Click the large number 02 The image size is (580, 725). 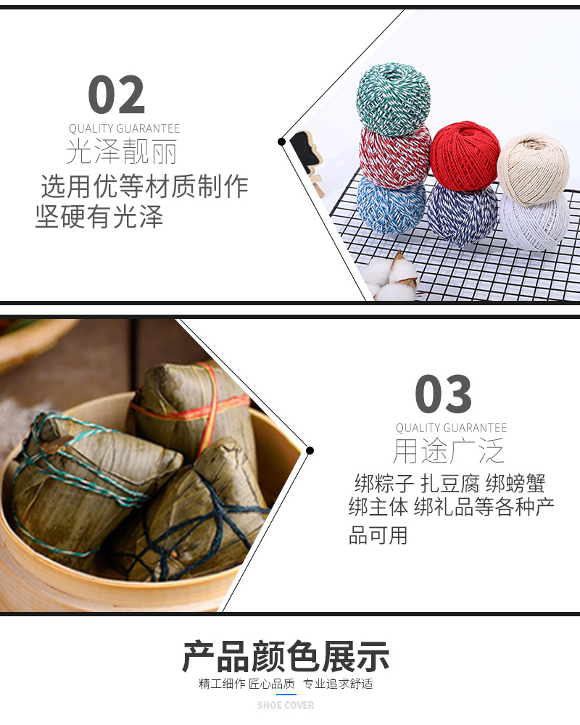pos(116,95)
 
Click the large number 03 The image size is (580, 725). pos(443,394)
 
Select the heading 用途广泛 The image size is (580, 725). pos(448,452)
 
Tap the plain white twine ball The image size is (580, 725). pos(534,220)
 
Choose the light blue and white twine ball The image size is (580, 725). pos(391,205)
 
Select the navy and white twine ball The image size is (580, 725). pos(461,212)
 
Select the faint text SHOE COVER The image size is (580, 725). pos(286,705)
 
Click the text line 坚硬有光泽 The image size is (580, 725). pos(99,217)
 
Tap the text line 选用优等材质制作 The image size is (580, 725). pos(144,187)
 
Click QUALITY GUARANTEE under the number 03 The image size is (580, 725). pos(451,428)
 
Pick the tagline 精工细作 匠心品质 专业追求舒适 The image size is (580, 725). pos(286,684)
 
